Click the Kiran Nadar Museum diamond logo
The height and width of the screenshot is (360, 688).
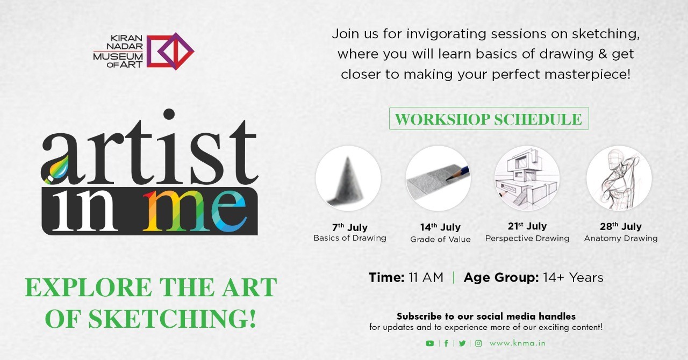pos(170,51)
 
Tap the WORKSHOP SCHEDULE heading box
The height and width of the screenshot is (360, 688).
pos(489,119)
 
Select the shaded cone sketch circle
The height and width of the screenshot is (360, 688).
pos(348,178)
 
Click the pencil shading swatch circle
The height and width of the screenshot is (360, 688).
pos(438,178)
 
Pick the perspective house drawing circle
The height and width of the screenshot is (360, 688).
pos(527,178)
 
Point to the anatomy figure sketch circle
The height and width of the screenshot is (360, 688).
pos(619,178)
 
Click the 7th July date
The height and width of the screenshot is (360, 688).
pos(349,227)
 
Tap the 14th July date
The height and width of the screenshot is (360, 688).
pos(440,227)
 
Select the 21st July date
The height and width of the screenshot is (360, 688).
pos(527,226)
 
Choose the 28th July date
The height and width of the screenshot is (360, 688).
pos(621,226)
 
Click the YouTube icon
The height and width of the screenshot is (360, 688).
pos(429,343)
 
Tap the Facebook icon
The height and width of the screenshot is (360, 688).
pos(446,343)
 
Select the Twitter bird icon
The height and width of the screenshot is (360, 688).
pos(462,343)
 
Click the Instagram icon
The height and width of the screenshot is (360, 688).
pos(478,343)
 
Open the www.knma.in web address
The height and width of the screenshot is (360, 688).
pos(518,343)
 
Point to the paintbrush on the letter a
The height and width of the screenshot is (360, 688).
pos(56,170)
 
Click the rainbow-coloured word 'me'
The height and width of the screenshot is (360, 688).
pos(195,211)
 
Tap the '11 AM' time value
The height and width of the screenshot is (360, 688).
pos(426,277)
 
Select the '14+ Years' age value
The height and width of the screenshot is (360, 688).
pos(573,277)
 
